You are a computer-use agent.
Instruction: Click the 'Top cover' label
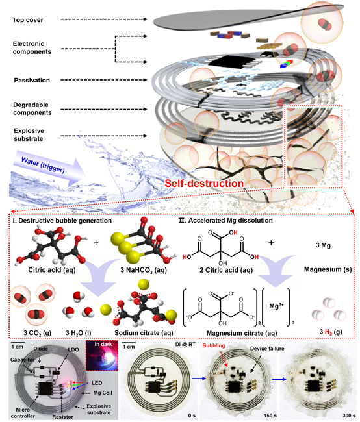pos(28,20)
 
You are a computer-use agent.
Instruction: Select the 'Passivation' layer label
pos(32,81)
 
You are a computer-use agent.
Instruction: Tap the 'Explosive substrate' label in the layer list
pos(29,134)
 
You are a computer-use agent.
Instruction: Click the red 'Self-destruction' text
pos(204,183)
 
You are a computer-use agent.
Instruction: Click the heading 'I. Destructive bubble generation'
pos(62,221)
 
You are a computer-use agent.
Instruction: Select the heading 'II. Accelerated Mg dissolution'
pos(225,221)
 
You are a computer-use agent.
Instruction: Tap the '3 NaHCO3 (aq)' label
pos(144,270)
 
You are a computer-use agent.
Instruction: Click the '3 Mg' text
pos(323,245)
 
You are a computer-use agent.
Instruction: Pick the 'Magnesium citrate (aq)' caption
pos(242,333)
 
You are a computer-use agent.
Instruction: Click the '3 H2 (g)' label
pos(331,332)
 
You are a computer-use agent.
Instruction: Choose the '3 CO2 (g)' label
pos(37,333)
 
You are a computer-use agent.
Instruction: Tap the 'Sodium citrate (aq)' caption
pos(144,333)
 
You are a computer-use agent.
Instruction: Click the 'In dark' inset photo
pos(102,356)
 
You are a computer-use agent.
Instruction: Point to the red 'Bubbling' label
pos(214,345)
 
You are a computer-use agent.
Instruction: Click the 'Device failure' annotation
pos(267,349)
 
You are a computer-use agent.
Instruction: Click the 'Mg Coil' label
pos(103,393)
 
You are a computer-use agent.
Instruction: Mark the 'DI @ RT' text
pos(185,344)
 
